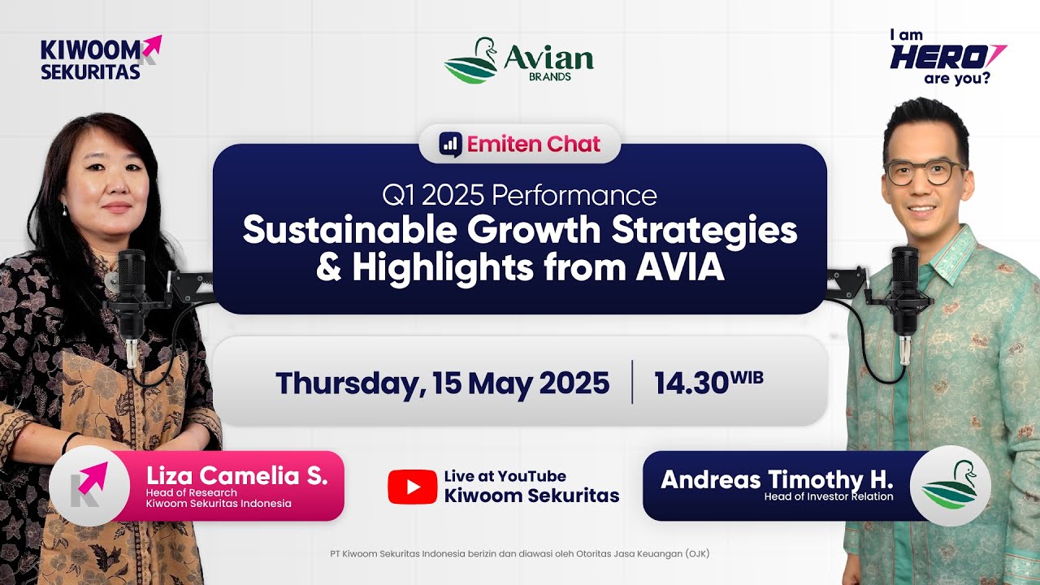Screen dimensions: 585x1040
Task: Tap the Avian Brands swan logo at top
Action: [470, 61]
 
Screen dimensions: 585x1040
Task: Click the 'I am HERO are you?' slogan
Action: [947, 57]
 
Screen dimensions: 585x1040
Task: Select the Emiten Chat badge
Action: [520, 144]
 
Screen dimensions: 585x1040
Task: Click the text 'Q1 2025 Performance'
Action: [519, 196]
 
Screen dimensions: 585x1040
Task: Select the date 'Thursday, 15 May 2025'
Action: [442, 382]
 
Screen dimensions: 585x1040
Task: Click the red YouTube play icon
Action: [412, 486]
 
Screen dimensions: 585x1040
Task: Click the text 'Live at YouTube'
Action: [505, 476]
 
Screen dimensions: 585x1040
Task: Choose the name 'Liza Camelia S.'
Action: [237, 476]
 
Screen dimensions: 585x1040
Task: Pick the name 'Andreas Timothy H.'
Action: [777, 479]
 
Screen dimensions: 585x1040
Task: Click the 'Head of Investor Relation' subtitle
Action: [828, 496]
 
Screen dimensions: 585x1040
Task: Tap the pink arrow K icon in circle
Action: [89, 485]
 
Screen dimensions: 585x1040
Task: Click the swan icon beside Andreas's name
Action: [950, 485]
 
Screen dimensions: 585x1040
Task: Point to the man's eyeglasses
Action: [924, 171]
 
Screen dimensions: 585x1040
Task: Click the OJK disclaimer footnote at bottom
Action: [520, 554]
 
